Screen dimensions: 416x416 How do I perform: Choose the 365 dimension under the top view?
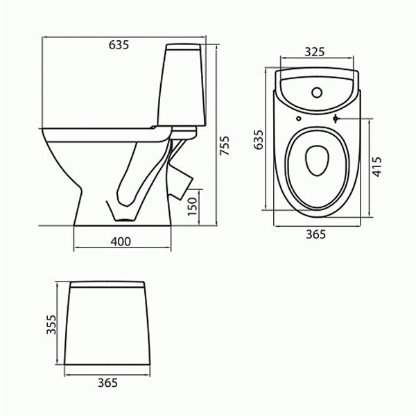(x=315, y=234)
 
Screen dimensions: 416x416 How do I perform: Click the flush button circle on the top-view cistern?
(x=317, y=91)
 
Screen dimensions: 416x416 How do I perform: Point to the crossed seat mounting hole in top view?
(x=336, y=119)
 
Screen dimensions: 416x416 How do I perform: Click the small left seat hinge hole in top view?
(x=297, y=119)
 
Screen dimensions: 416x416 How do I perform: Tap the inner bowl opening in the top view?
(x=317, y=161)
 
